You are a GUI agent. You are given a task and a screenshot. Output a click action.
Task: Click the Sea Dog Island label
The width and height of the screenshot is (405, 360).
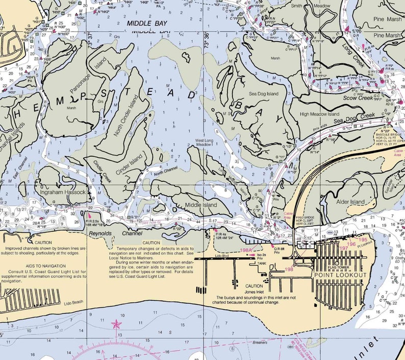tap(264, 94)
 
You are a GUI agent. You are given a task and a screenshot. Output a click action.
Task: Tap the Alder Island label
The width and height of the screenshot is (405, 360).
tap(350, 202)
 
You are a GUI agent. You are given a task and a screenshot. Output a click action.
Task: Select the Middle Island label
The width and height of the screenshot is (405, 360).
tap(201, 205)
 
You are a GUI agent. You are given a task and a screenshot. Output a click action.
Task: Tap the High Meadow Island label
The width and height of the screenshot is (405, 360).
tap(320, 114)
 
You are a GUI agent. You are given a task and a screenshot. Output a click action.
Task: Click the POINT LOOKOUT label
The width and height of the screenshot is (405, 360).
tap(340, 275)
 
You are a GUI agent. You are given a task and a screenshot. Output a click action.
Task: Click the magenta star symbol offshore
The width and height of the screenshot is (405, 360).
tap(117, 324)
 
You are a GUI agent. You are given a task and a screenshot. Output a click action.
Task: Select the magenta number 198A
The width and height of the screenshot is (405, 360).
tap(246, 250)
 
